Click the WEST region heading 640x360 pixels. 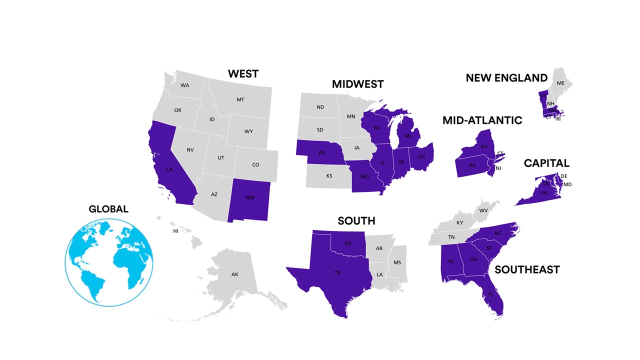(243, 74)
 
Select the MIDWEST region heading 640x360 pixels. (357, 84)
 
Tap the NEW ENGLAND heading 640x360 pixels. (506, 78)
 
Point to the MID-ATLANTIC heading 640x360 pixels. (482, 120)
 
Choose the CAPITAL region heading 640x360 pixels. (546, 163)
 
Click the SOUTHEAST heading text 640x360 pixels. (527, 270)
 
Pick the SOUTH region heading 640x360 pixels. (356, 221)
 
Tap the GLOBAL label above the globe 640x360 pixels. (108, 209)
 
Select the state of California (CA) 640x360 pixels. (169, 169)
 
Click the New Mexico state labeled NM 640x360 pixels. (249, 197)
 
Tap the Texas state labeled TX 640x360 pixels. (337, 273)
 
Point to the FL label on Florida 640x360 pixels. (491, 294)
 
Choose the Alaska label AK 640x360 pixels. (234, 274)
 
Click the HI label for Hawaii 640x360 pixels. (175, 231)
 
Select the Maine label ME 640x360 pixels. (560, 83)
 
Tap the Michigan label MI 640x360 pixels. (407, 136)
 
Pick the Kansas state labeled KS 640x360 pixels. (329, 176)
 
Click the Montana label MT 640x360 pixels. (240, 100)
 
